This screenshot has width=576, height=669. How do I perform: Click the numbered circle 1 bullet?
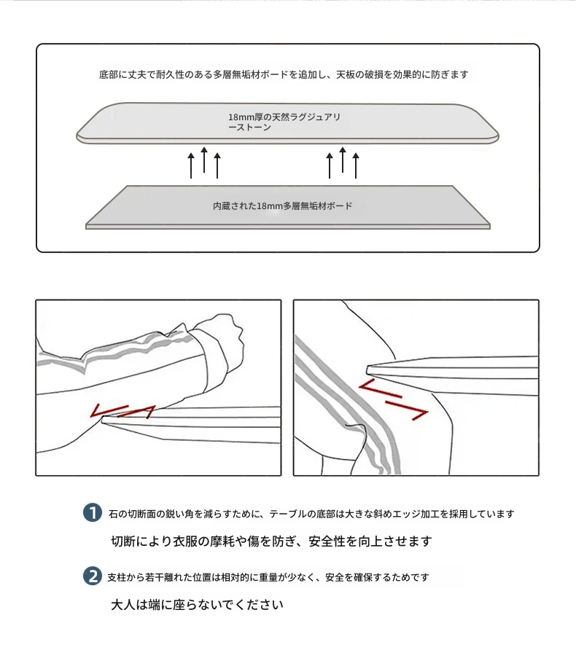point(92,512)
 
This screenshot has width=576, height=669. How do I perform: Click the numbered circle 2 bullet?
point(92,576)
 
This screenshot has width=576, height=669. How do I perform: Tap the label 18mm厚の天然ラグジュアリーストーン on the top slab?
point(284,122)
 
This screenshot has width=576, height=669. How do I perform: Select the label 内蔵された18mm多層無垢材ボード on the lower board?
point(283,206)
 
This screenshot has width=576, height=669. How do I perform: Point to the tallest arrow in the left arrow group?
point(204,160)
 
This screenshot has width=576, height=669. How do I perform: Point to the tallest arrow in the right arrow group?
point(343,160)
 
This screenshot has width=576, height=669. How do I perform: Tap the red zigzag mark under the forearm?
point(122,410)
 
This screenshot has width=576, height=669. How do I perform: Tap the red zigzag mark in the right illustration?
point(393,399)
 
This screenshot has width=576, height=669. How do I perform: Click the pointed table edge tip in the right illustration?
point(368,369)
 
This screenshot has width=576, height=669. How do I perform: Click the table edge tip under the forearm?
point(103,420)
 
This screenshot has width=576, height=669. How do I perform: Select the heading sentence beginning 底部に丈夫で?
point(284,74)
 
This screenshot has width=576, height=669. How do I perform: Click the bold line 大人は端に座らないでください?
point(197,605)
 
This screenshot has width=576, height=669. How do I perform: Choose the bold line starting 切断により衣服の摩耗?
point(271,541)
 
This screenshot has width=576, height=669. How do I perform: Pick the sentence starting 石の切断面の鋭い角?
point(311,514)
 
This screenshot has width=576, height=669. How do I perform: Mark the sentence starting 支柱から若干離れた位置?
point(268,577)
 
